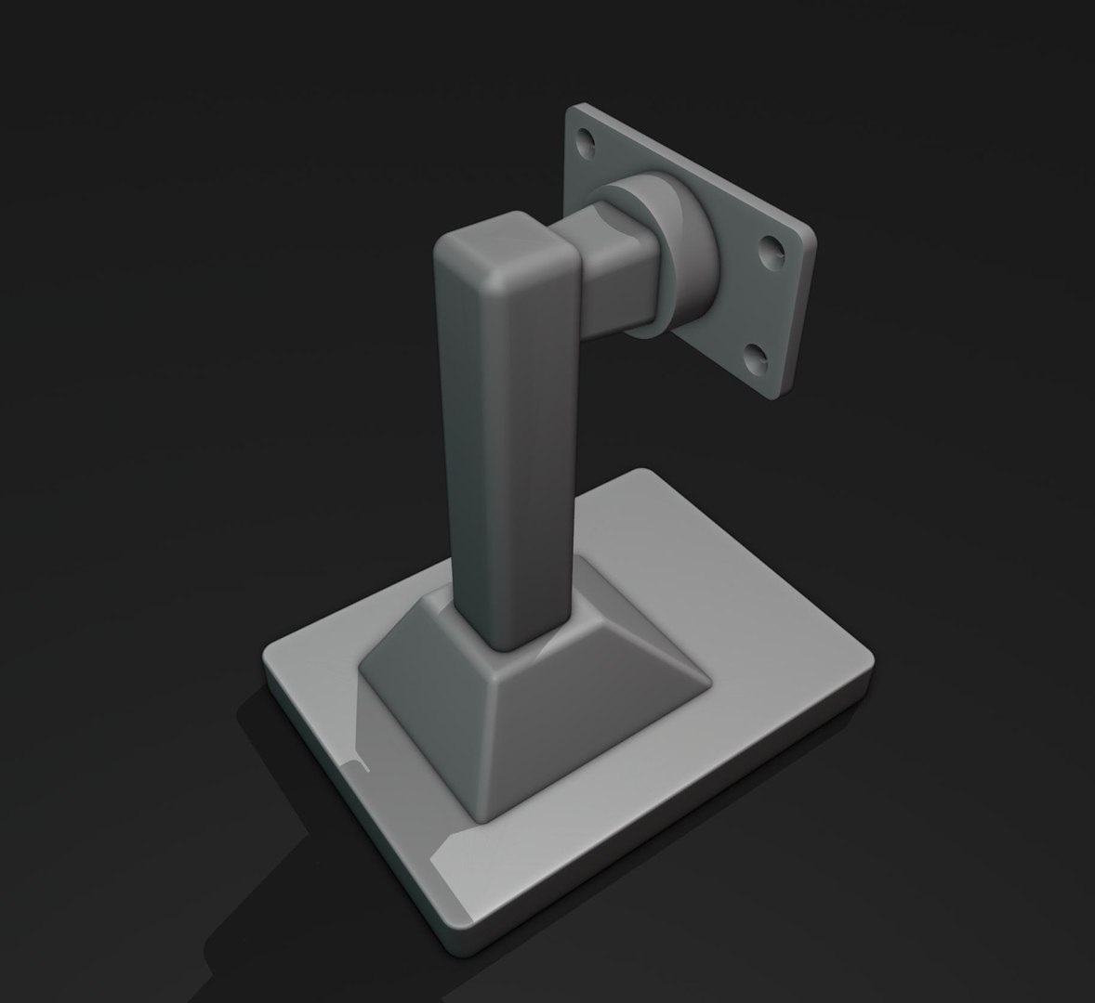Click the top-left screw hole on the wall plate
(586, 142)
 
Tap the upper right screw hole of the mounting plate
(772, 248)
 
